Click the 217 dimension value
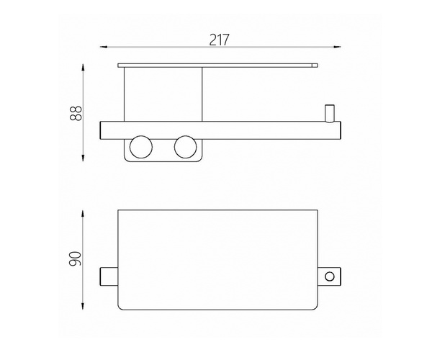tap(220, 40)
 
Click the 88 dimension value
tap(76, 113)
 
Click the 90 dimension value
tap(75, 258)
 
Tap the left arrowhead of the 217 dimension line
tap(103, 47)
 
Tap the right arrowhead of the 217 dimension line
tap(338, 47)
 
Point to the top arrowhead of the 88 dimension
tap(83, 68)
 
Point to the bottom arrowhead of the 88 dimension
tap(83, 158)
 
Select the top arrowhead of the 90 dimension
tap(83, 214)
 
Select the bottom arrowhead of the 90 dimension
tap(83, 306)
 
